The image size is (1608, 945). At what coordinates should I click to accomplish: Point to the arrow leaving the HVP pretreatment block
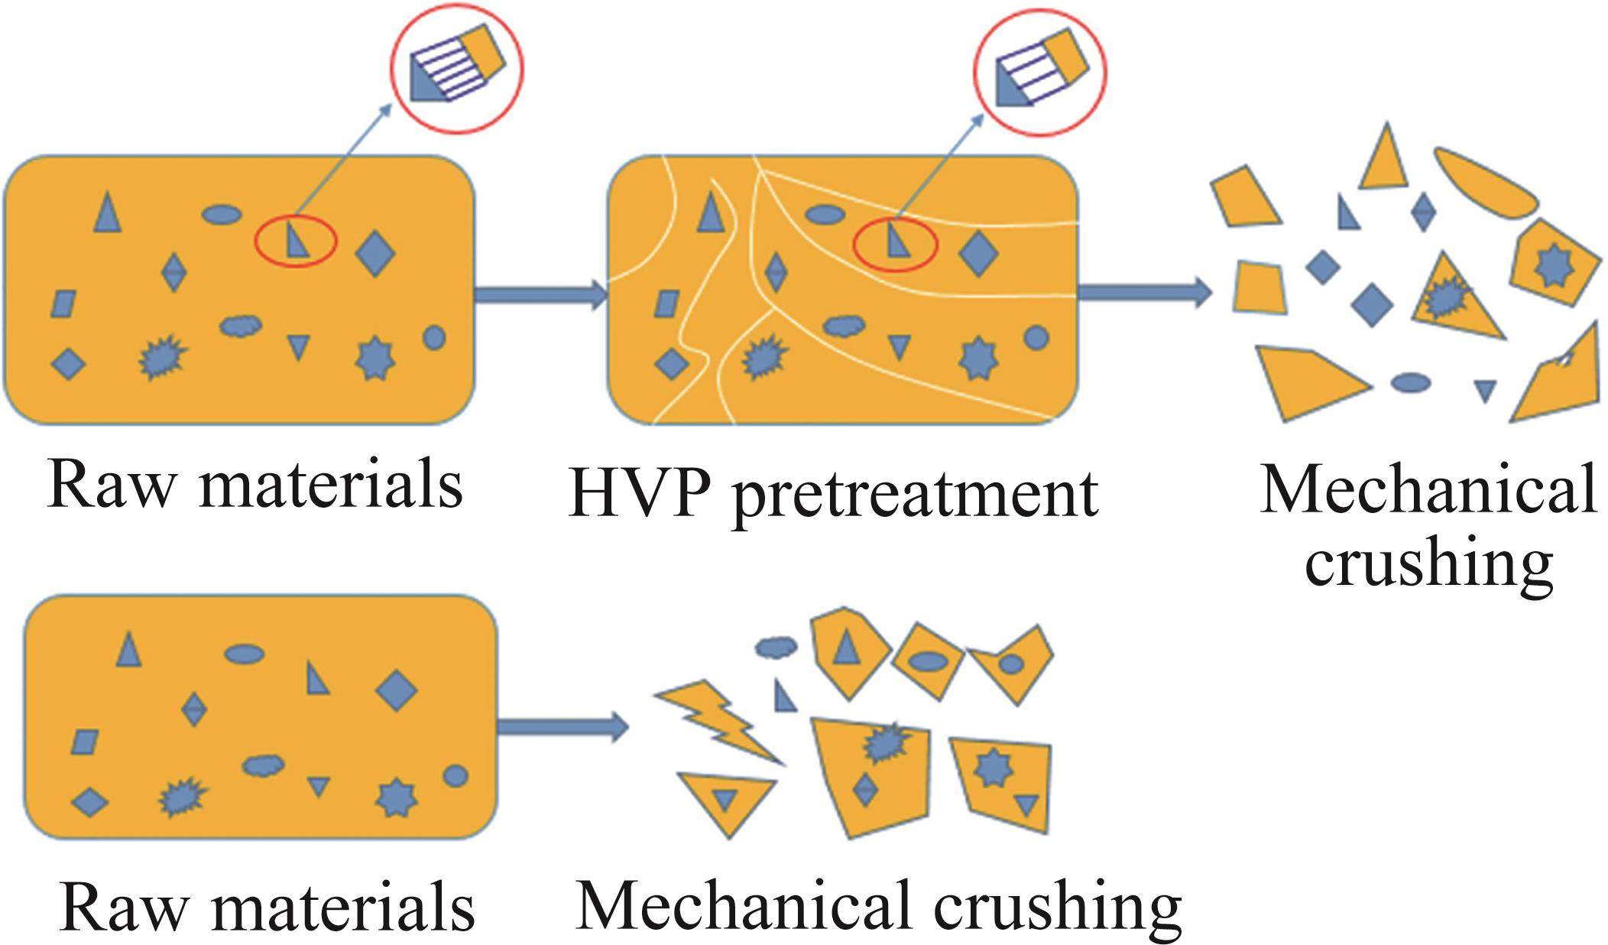point(1143,292)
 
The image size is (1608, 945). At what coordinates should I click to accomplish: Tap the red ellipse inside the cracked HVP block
point(895,244)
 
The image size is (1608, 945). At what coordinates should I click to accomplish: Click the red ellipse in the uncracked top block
point(295,242)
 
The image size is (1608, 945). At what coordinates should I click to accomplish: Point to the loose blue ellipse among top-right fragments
point(1410,382)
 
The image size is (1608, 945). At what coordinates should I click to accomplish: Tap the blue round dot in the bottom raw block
point(455,776)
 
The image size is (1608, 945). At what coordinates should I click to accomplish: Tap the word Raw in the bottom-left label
point(122,908)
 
